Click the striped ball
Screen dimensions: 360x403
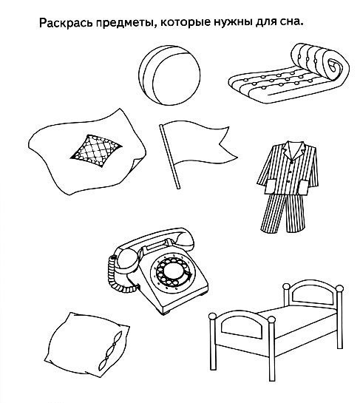tap(169, 75)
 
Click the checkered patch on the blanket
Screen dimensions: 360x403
tap(96, 151)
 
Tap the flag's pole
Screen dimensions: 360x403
tap(169, 157)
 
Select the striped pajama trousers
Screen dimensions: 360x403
tap(282, 213)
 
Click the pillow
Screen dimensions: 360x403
tap(86, 344)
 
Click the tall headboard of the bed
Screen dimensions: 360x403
tap(313, 296)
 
